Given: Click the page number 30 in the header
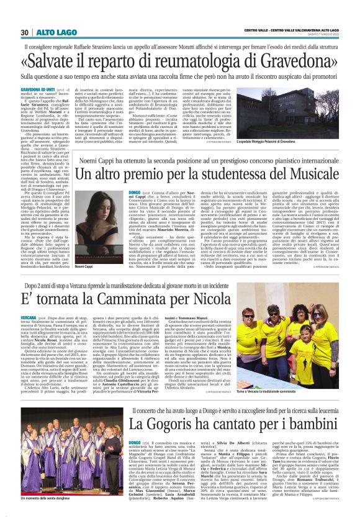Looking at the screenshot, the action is pyautogui.click(x=24, y=32).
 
